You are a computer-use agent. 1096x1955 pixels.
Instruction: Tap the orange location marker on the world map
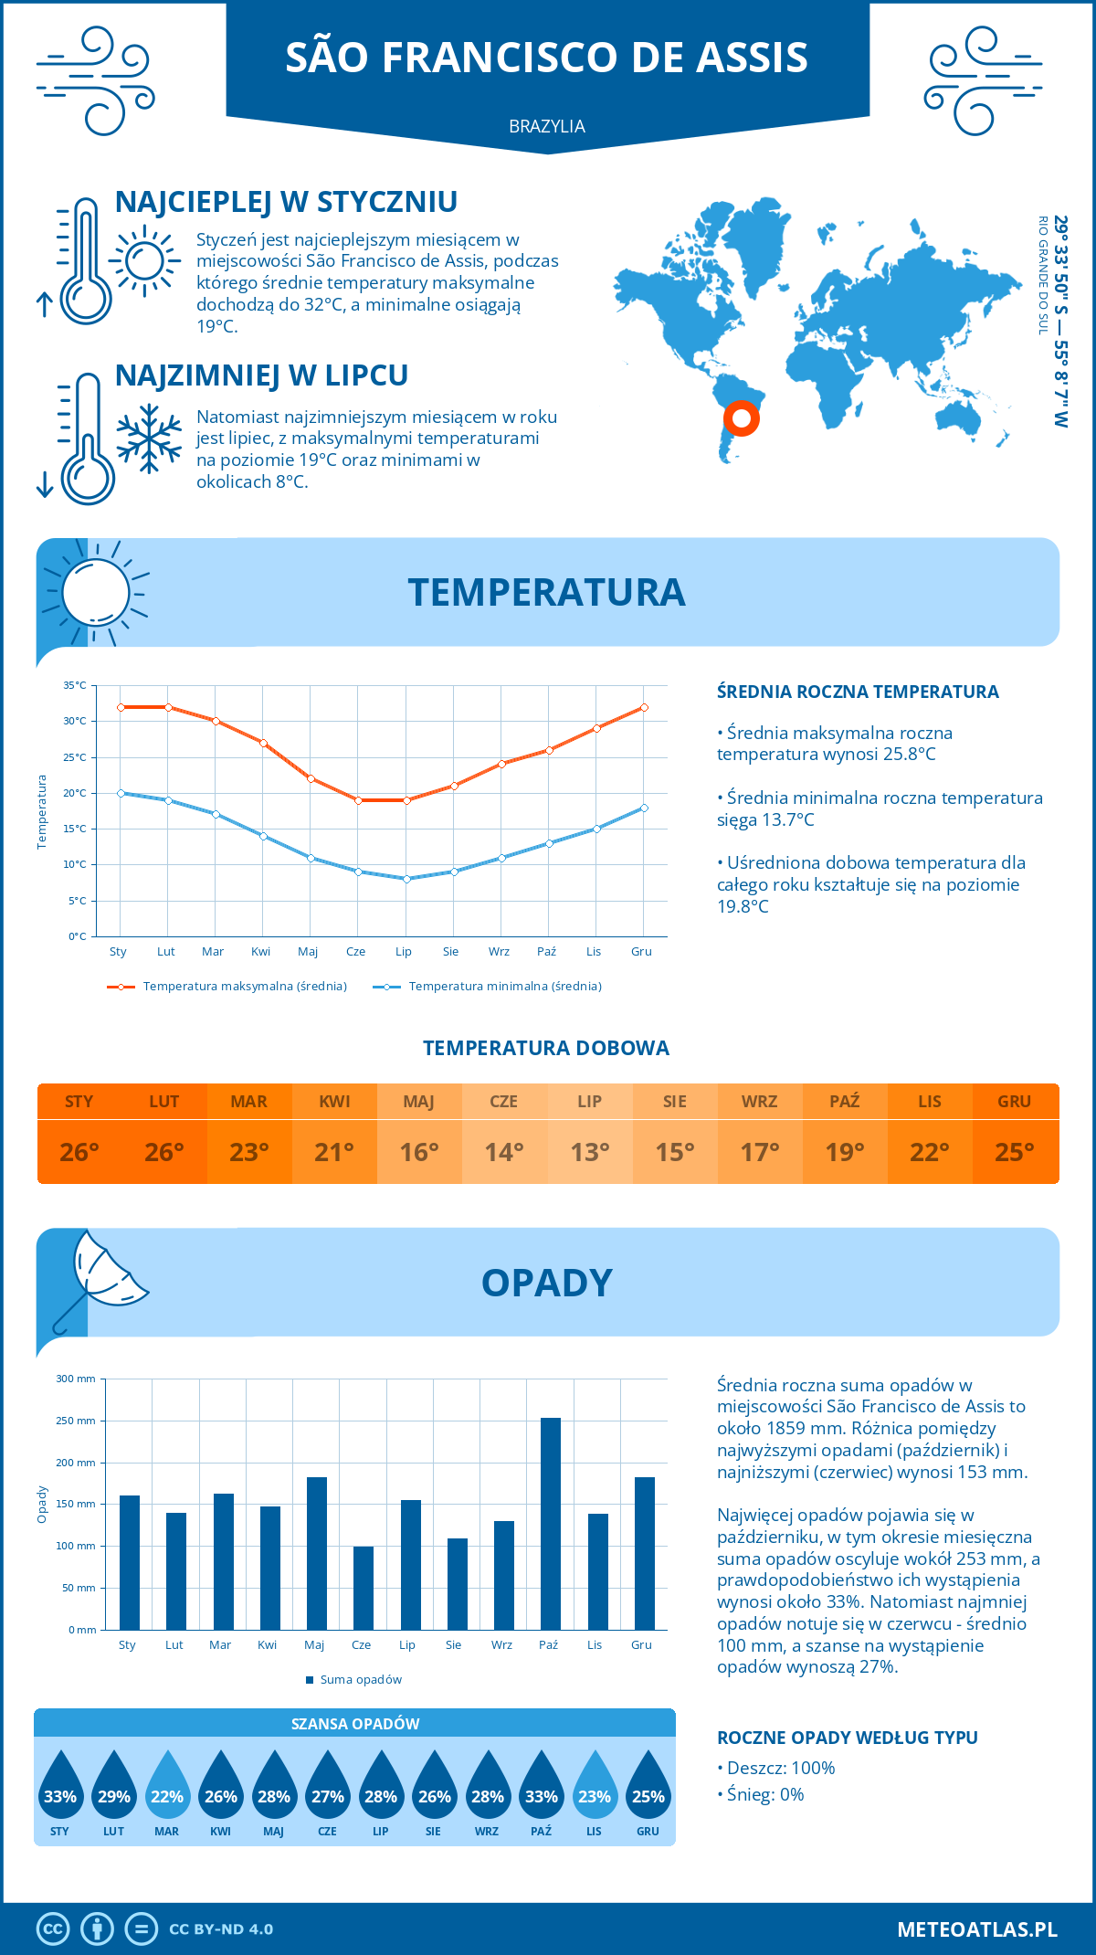[742, 418]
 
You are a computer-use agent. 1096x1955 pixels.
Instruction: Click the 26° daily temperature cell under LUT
[164, 1152]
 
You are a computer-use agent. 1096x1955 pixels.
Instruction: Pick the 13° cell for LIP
[589, 1152]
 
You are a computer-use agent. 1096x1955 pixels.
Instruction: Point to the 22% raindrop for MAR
[167, 1786]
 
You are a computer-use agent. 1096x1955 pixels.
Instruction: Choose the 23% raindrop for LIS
[595, 1786]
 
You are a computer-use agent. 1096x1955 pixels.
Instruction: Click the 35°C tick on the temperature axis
[75, 685]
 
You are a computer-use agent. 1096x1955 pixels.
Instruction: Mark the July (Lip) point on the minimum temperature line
[406, 879]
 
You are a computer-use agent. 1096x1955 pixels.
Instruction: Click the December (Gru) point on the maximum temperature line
[644, 707]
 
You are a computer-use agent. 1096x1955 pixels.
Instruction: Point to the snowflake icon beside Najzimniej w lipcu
[149, 439]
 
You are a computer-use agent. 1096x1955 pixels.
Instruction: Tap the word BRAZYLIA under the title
[547, 126]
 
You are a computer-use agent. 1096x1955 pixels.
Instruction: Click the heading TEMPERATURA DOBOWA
[546, 1048]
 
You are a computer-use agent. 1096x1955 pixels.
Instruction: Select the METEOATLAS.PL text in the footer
[976, 1929]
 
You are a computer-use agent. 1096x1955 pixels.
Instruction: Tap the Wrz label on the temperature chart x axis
[499, 951]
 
